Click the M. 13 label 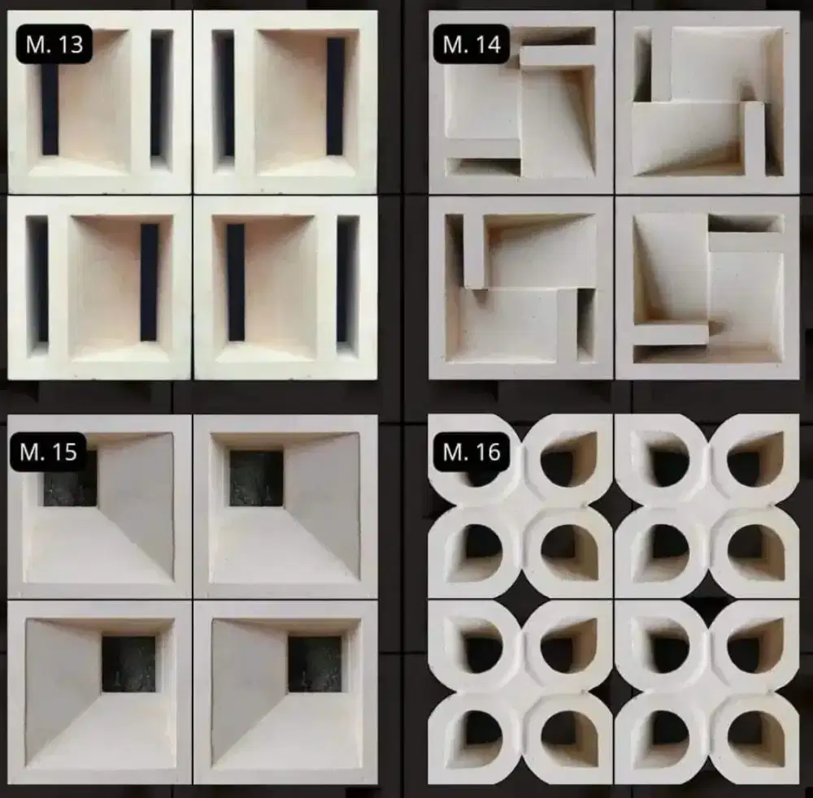54,44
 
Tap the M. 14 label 472,44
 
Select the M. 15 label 48,452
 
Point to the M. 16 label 472,452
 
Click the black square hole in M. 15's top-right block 257,479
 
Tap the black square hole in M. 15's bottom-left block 128,664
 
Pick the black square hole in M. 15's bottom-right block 315,664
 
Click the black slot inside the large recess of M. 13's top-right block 336,97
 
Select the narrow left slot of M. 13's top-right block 223,97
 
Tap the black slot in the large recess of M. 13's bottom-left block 150,283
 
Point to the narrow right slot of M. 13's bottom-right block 347,283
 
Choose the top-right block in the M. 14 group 707,102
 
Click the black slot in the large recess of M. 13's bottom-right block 236,283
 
